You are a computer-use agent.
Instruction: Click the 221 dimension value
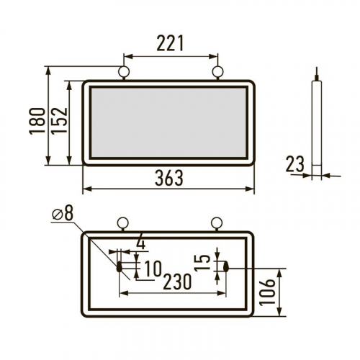click(x=170, y=43)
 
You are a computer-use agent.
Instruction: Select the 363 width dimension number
click(x=169, y=178)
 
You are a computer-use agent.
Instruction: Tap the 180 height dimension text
click(x=37, y=121)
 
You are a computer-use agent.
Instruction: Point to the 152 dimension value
click(x=59, y=120)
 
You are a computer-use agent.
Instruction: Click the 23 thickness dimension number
click(x=295, y=163)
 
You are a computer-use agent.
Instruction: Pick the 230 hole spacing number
click(x=177, y=282)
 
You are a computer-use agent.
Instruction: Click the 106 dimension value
click(x=267, y=292)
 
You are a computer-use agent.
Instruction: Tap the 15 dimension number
click(x=202, y=263)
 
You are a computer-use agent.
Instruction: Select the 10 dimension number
click(x=153, y=269)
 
